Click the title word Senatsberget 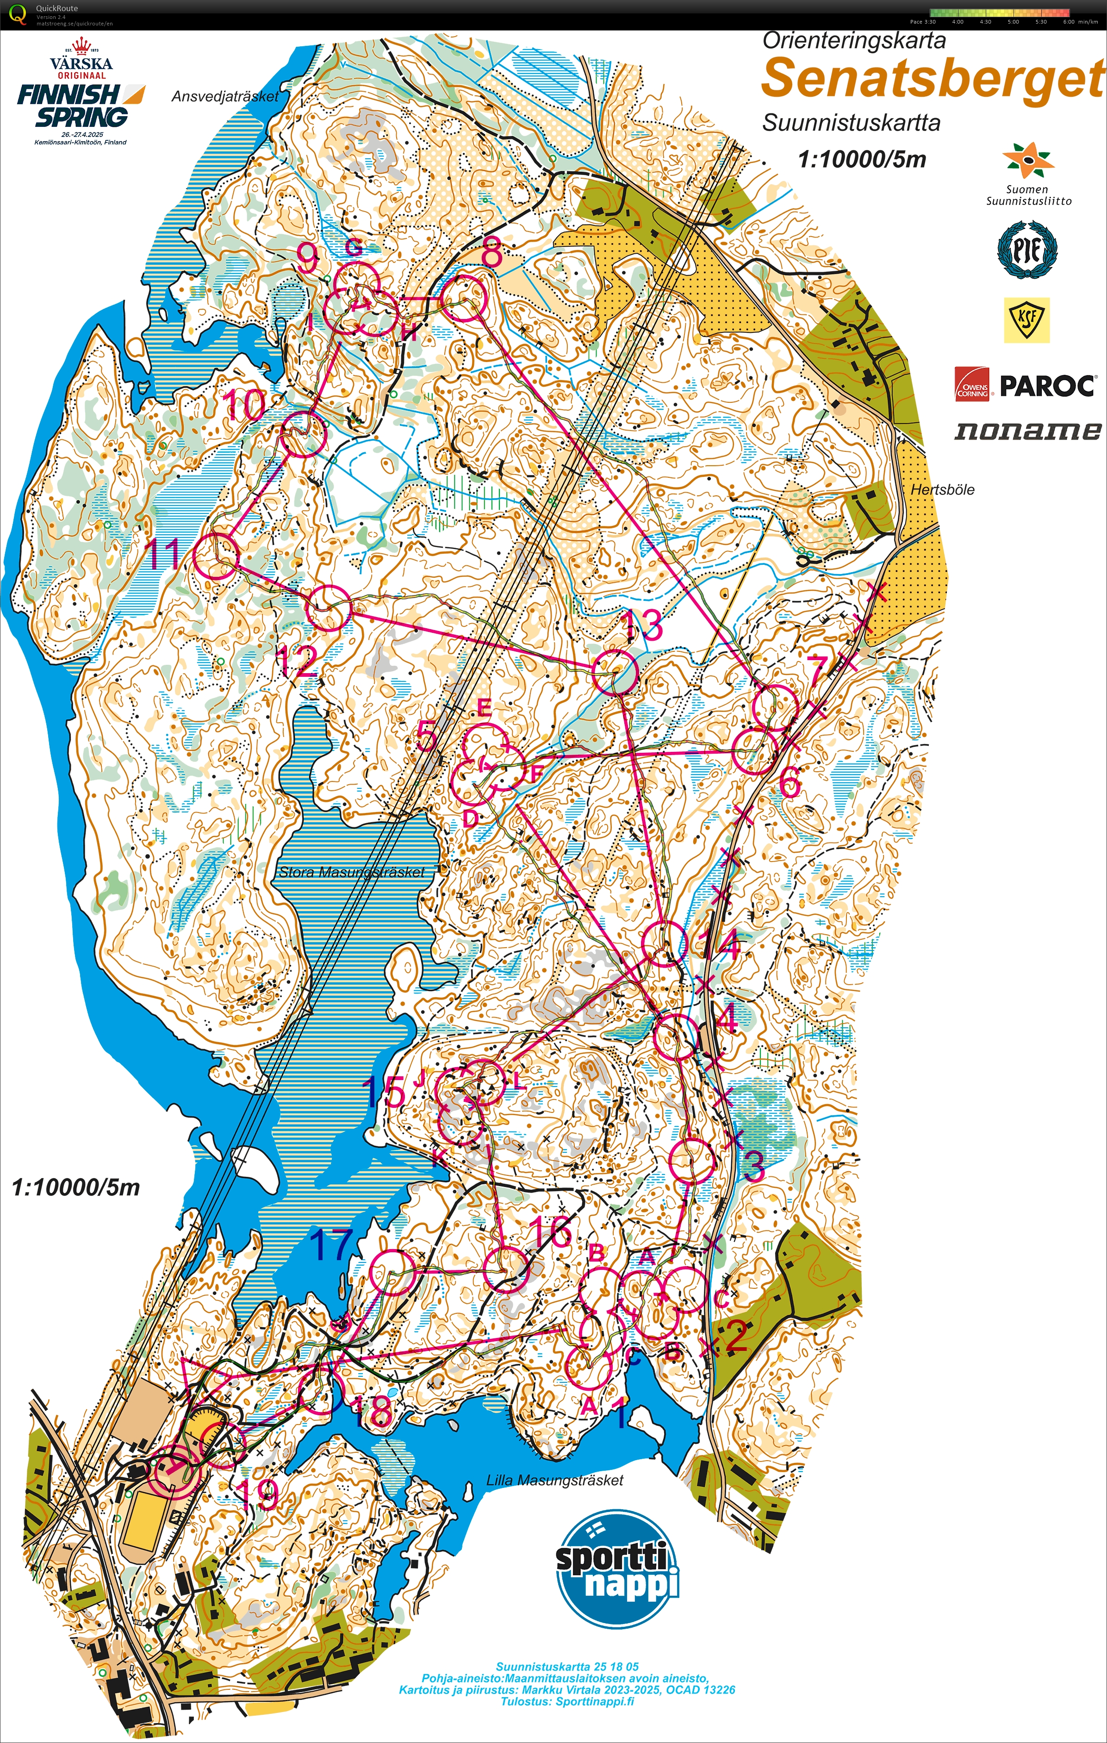tap(932, 78)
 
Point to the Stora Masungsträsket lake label tap(352, 872)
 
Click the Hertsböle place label tap(942, 490)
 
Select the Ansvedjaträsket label tap(224, 96)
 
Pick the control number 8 tap(491, 253)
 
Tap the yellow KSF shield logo tap(1026, 321)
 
